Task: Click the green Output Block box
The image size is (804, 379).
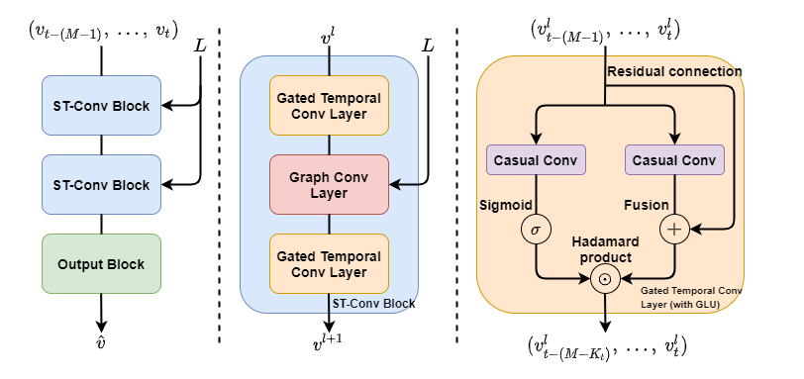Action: pos(101,264)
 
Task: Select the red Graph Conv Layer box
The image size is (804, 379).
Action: pos(329,184)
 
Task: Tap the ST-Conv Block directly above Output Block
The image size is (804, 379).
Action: pos(101,185)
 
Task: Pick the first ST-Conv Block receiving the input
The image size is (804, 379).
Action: pos(101,106)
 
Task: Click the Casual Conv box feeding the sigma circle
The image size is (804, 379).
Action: pos(536,159)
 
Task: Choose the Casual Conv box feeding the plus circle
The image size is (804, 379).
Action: pos(674,159)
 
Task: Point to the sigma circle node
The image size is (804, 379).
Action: pos(536,231)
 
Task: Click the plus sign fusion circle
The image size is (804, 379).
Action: pos(674,231)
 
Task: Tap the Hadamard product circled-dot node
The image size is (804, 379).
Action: pos(604,279)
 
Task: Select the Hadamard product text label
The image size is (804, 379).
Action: pos(604,249)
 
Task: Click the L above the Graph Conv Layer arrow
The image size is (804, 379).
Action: pos(428,46)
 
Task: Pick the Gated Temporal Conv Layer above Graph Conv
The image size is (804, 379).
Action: pos(329,106)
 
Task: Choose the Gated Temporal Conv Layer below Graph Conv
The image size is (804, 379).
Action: pos(329,263)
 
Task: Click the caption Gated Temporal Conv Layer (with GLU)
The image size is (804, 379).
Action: pos(690,297)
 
